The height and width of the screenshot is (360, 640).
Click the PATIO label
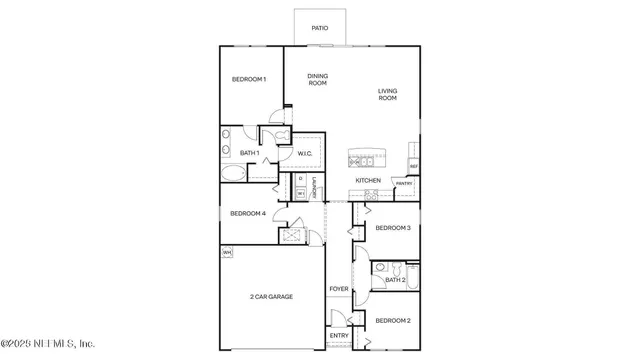pos(320,28)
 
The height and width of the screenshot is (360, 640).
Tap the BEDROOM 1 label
pos(249,79)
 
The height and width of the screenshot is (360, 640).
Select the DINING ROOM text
pos(317,79)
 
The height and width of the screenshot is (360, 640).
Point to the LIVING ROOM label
pos(387,95)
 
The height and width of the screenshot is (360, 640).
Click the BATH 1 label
pos(250,152)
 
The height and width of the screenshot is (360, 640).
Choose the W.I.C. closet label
pos(306,152)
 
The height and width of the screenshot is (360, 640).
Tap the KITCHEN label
pos(368,180)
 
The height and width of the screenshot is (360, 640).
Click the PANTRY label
pos(404,184)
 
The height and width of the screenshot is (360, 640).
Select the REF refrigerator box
pos(413,166)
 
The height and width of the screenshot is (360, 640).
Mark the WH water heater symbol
pos(227,252)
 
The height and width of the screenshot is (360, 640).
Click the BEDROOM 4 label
pos(247,213)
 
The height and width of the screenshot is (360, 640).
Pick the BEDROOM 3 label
pos(393,228)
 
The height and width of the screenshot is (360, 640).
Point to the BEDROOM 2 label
pos(393,320)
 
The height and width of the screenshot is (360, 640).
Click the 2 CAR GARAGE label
pos(271,297)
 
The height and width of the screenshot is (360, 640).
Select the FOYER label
pos(340,289)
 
